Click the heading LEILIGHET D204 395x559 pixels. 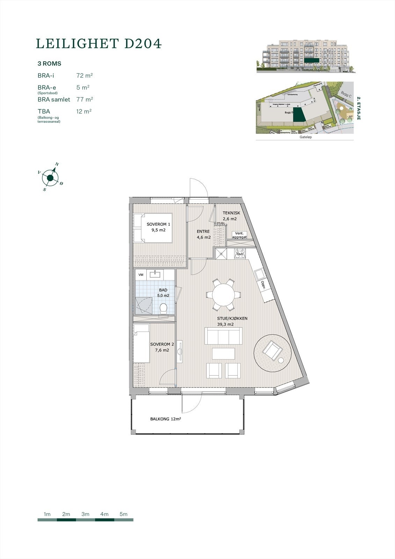pos(99,44)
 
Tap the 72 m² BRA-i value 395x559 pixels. pos(84,75)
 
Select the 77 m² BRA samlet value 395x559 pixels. pos(84,100)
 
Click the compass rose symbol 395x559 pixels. pos(50,178)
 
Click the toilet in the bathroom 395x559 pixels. pos(163,308)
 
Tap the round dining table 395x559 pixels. pos(224,294)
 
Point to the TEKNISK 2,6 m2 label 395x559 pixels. pos(231,216)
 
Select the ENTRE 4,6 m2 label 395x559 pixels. pos(203,234)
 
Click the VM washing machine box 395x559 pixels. pos(141,275)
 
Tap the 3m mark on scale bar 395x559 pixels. pos(85,514)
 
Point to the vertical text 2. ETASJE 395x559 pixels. pos(358,108)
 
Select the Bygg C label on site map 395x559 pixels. pos(346,95)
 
